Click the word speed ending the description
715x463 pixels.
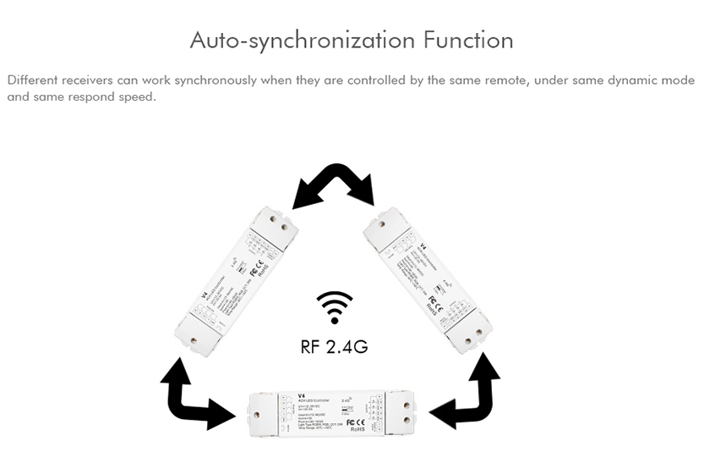coord(139,96)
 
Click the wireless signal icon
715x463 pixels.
coord(335,307)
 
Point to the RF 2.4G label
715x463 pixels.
coord(335,345)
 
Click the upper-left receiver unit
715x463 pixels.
coord(237,280)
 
